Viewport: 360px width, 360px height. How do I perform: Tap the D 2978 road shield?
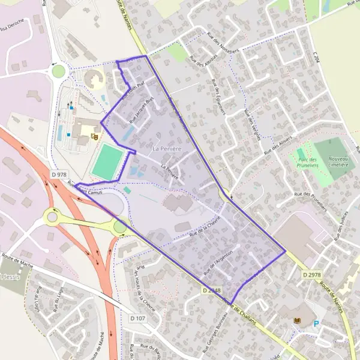[311, 275]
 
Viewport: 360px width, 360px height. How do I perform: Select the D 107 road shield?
[137, 317]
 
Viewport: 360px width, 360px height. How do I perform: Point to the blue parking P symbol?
[316, 324]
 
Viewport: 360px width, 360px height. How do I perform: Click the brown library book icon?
[295, 321]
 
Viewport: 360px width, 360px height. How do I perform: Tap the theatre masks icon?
[94, 137]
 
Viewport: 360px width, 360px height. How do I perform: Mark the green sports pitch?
[108, 161]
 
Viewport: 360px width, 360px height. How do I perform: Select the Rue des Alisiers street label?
[277, 144]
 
